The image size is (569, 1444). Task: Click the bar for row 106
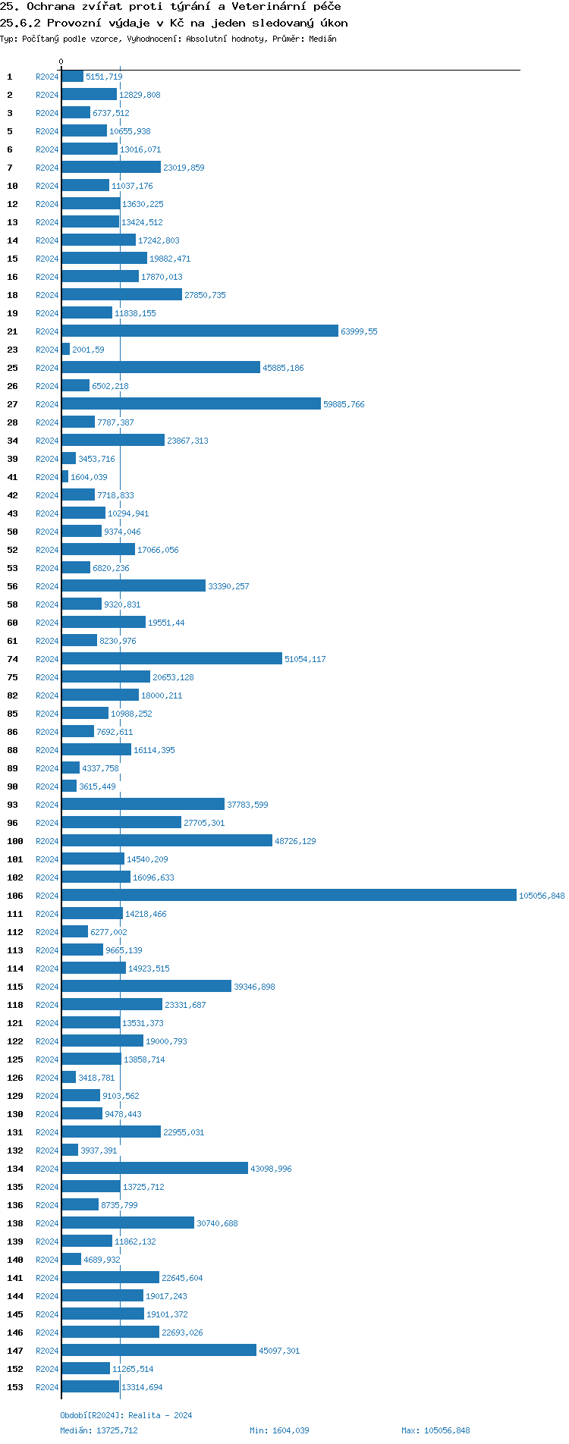288,896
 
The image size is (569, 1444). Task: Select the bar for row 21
200,331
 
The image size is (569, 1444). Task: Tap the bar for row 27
191,404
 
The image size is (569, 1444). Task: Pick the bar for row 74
171,659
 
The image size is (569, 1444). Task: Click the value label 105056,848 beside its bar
542,896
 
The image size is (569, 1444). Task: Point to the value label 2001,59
88,350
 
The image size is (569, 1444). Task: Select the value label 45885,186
283,369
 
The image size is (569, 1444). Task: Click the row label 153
15,1388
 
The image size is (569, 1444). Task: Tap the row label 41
13,478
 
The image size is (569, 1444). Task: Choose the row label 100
15,842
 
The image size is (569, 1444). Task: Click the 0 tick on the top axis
61,62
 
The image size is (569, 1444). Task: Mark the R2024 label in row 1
47,77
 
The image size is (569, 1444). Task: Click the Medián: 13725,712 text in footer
99,1431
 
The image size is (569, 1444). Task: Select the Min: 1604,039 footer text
279,1431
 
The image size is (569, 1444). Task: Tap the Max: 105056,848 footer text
435,1431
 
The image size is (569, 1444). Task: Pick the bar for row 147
159,1351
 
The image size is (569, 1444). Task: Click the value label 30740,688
217,1224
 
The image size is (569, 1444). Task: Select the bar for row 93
143,805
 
